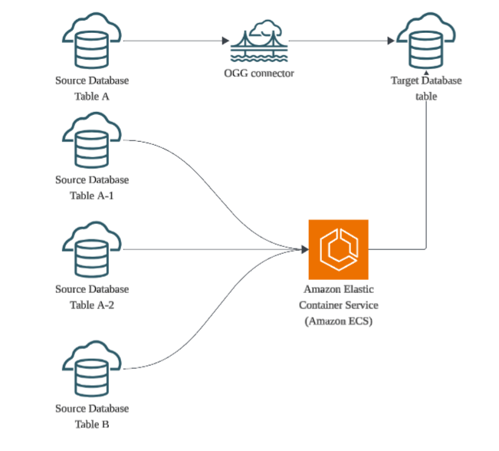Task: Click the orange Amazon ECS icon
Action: click(338, 249)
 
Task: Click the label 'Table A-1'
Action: click(92, 196)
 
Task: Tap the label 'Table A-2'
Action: click(92, 305)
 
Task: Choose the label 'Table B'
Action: click(92, 423)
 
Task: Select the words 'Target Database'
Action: click(426, 81)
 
